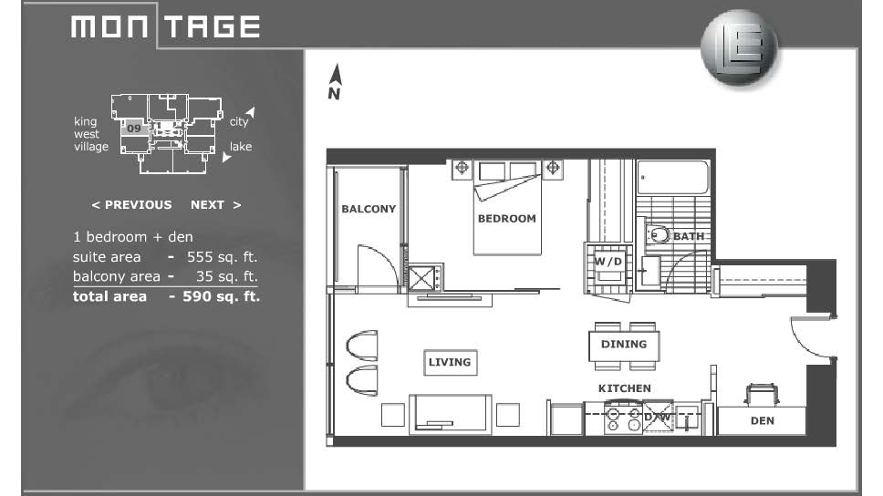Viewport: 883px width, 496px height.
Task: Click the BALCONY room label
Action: click(369, 209)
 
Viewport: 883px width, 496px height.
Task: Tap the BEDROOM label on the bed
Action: click(507, 219)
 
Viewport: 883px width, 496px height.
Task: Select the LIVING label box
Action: click(450, 362)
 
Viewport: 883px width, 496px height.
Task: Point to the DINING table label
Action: click(624, 344)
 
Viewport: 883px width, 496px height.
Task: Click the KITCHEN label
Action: click(625, 388)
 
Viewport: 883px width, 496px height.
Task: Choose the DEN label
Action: click(763, 420)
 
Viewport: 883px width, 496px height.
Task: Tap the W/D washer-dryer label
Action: click(608, 262)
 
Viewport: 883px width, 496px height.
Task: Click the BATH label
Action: click(689, 236)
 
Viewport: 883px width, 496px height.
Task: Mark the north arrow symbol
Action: click(335, 82)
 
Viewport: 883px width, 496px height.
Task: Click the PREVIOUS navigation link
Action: click(131, 205)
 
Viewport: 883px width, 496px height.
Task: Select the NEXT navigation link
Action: click(215, 205)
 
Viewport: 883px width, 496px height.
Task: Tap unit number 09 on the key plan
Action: click(133, 129)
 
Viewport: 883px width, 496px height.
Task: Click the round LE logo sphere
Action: click(740, 47)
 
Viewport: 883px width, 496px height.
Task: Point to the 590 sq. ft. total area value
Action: click(222, 296)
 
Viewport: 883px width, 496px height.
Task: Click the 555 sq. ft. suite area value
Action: click(222, 257)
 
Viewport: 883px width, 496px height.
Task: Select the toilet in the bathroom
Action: click(657, 234)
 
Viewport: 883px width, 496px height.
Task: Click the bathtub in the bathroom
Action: click(672, 178)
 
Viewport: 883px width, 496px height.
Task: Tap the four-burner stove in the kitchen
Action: click(623, 418)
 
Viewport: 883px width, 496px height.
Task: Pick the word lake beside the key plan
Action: click(241, 147)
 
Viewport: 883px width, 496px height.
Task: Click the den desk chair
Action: click(762, 395)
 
